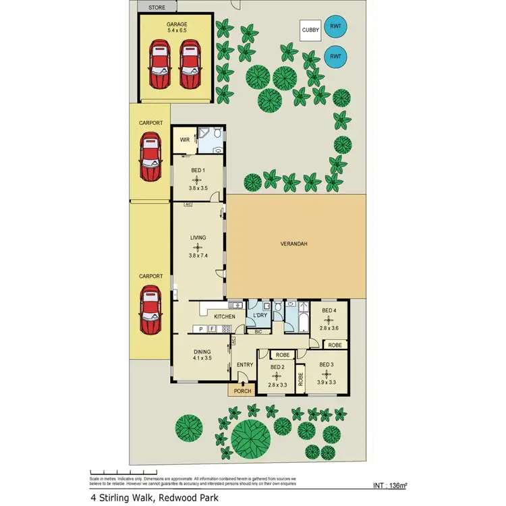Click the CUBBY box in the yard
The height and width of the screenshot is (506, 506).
(x=311, y=30)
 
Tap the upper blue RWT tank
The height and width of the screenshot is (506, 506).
(x=335, y=28)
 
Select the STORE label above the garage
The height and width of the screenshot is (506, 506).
(x=157, y=7)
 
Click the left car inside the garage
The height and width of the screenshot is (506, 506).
(x=159, y=63)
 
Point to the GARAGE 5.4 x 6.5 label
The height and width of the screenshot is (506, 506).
(x=177, y=28)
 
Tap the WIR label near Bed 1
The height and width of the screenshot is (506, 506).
(x=184, y=141)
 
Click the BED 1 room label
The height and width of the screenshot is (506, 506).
(x=197, y=171)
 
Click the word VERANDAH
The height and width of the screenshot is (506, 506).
(x=293, y=244)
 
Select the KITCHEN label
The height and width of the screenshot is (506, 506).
(x=225, y=316)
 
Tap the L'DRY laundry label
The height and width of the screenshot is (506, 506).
(x=259, y=316)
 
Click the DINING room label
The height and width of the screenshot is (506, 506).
(x=202, y=351)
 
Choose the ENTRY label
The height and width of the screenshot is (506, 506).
(x=244, y=365)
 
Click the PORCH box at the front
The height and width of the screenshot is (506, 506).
(x=242, y=390)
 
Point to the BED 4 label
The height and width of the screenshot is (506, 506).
(x=328, y=310)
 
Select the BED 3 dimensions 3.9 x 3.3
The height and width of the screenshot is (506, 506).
(x=326, y=382)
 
